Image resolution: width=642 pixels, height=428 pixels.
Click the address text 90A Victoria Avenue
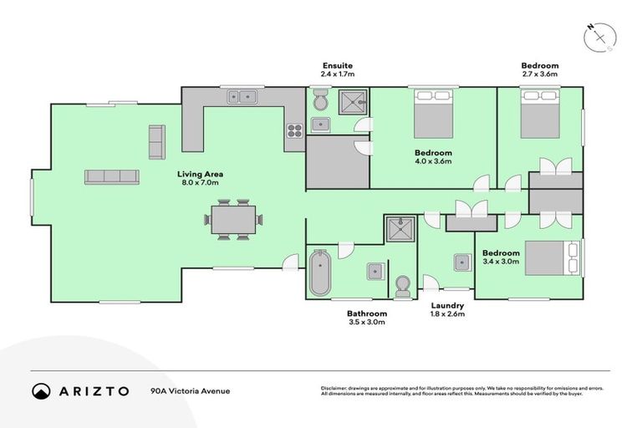coord(190,390)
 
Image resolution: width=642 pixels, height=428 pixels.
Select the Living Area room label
coord(199,174)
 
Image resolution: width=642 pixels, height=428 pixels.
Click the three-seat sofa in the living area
coord(111,176)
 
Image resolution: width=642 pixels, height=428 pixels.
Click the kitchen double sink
coord(242,97)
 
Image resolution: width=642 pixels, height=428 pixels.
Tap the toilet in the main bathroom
coord(403,284)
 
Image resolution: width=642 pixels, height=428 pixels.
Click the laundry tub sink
coord(461,262)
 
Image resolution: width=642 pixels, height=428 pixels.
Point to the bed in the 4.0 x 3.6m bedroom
coord(433,115)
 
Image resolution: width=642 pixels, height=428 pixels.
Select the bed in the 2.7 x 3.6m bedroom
coord(539,114)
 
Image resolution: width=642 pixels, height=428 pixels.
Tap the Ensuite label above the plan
coord(338,64)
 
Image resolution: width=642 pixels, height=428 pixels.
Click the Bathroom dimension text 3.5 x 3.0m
coord(366,324)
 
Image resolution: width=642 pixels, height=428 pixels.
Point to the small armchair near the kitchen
coord(156,141)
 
